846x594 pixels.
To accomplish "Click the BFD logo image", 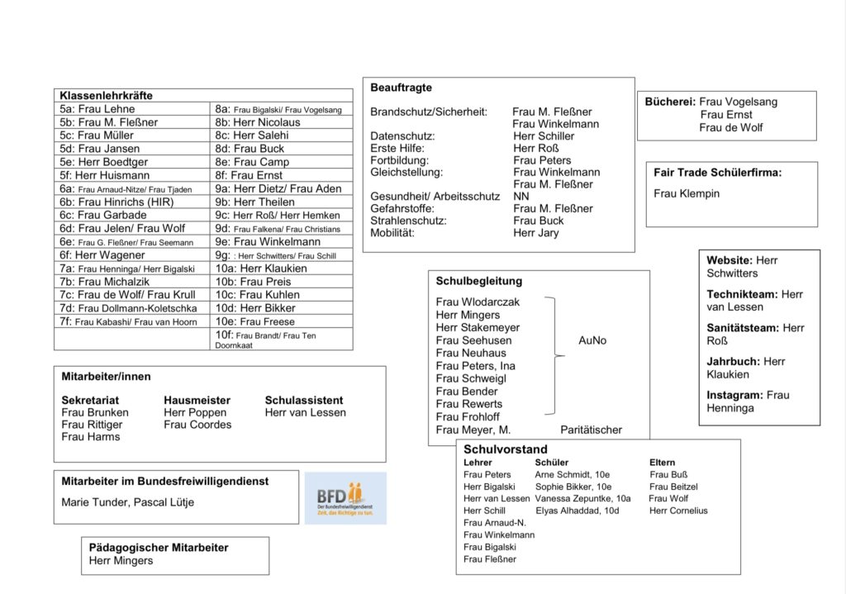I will click(x=345, y=498).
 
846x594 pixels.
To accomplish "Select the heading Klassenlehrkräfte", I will click(x=106, y=96).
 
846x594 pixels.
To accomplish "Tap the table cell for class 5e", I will click(x=104, y=162).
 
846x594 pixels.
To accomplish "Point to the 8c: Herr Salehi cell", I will click(x=252, y=135).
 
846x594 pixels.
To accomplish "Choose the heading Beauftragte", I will click(x=401, y=88).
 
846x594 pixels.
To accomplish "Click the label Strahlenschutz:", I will click(x=408, y=221).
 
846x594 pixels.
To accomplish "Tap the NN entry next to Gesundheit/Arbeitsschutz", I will click(x=521, y=197).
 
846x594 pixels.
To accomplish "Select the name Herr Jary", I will click(x=535, y=233).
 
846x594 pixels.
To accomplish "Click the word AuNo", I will click(x=592, y=340).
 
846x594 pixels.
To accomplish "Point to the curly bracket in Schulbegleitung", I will click(x=555, y=356).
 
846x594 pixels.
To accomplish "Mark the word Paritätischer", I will click(x=591, y=430).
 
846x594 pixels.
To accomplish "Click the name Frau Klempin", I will click(x=687, y=193).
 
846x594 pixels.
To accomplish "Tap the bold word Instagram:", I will click(x=734, y=395).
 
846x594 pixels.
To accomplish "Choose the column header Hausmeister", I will click(x=197, y=400).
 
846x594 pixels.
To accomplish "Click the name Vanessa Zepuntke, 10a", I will click(x=582, y=499).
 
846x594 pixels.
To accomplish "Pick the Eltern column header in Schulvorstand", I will click(x=662, y=463).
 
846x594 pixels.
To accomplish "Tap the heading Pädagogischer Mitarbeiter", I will click(x=159, y=548).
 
